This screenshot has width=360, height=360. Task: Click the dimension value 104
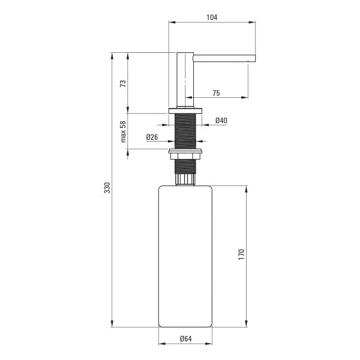(x=211, y=17)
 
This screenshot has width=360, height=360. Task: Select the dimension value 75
(x=215, y=92)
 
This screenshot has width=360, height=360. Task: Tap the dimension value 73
(x=123, y=83)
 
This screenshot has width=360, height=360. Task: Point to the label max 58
(x=123, y=131)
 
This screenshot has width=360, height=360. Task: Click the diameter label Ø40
(x=221, y=121)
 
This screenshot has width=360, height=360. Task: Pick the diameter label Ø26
(x=152, y=137)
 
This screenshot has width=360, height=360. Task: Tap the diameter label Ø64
(x=185, y=339)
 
